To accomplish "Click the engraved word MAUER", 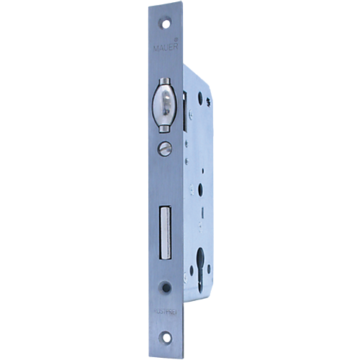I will pyautogui.click(x=162, y=49).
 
